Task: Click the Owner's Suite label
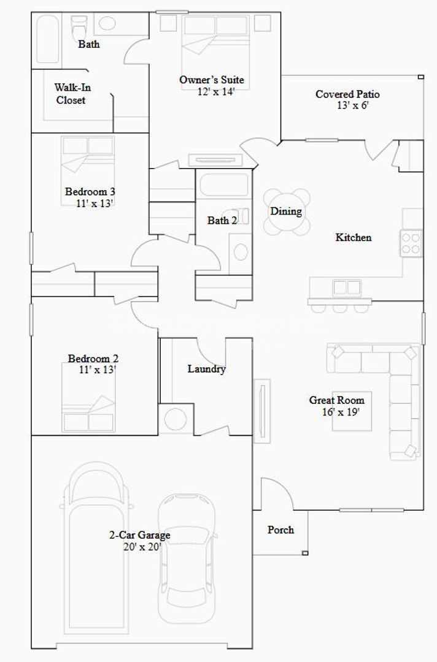click(211, 80)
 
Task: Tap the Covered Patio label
click(347, 94)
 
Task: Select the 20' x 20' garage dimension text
click(141, 547)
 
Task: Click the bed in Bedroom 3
click(88, 156)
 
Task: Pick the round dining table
click(286, 211)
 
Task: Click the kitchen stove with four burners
click(412, 243)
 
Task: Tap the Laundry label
click(207, 369)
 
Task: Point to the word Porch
click(280, 530)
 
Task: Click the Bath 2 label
click(222, 221)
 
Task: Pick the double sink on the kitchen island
click(347, 287)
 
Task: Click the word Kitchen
click(353, 237)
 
